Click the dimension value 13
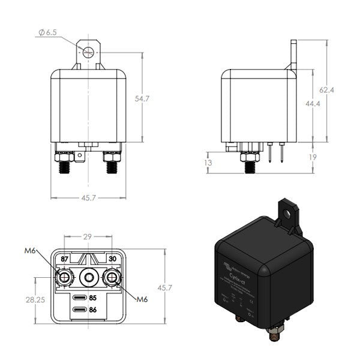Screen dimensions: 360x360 pyautogui.click(x=208, y=163)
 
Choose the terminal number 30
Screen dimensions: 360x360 pyautogui.click(x=112, y=259)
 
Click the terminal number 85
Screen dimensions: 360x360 pyautogui.click(x=93, y=297)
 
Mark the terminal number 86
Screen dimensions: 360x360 pyautogui.click(x=93, y=310)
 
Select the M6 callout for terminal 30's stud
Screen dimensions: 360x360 pyautogui.click(x=142, y=299)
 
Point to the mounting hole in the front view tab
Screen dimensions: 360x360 pyautogui.click(x=88, y=51)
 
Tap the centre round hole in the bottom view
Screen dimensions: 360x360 pyautogui.click(x=88, y=278)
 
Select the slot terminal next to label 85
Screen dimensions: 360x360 pyautogui.click(x=78, y=297)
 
